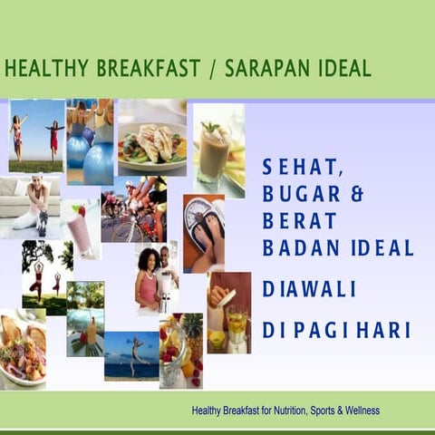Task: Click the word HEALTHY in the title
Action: click(x=45, y=68)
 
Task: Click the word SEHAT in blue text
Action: click(x=295, y=167)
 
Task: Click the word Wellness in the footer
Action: click(x=355, y=411)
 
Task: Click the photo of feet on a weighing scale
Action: click(x=203, y=232)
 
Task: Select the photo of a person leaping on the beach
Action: click(x=130, y=355)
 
